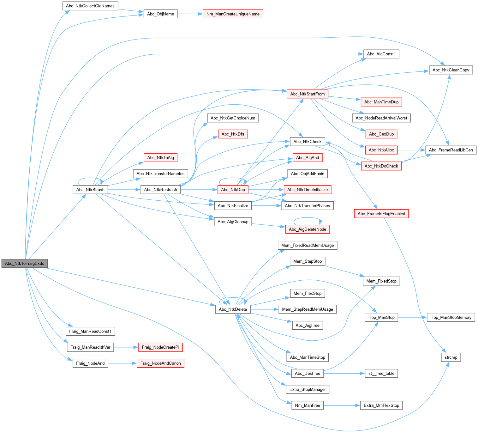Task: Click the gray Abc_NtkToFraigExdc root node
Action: click(25, 263)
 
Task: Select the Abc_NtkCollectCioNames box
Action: click(90, 6)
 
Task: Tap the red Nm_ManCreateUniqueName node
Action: click(233, 14)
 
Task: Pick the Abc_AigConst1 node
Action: click(381, 54)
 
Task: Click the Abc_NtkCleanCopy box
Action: click(451, 70)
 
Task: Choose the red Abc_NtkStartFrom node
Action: click(307, 94)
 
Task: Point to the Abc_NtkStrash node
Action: click(90, 190)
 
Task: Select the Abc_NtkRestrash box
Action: click(160, 190)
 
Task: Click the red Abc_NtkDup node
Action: click(233, 190)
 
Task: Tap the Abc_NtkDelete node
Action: click(233, 309)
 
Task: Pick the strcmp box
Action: click(451, 357)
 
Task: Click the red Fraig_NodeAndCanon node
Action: click(160, 363)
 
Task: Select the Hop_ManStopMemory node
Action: click(451, 317)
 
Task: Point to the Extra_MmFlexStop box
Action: click(381, 406)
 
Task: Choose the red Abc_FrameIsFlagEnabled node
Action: click(381, 214)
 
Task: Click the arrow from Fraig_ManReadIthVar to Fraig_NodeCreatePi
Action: click(126, 347)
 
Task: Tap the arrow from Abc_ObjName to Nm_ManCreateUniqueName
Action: click(190, 14)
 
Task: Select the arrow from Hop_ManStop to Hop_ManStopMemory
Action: click(412, 317)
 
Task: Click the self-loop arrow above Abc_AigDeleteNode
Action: click(308, 218)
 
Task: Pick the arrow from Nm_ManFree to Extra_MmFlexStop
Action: click(342, 406)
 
